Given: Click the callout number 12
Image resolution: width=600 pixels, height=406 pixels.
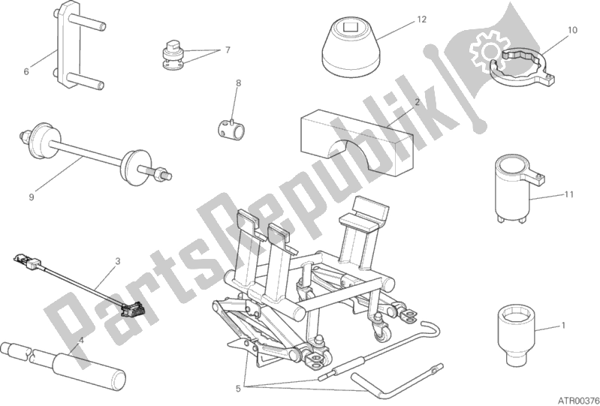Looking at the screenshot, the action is [x=421, y=19].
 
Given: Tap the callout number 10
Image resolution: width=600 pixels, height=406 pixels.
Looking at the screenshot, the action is [x=572, y=30].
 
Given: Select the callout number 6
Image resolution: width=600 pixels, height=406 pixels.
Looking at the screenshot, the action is [x=26, y=71].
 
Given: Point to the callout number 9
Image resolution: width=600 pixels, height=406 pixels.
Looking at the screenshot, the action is [x=32, y=197].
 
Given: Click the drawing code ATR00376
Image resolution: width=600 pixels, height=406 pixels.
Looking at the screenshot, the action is [x=578, y=400].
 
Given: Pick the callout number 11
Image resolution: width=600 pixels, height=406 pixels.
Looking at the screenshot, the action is [x=569, y=194].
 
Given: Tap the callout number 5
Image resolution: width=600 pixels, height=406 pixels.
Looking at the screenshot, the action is [x=238, y=389].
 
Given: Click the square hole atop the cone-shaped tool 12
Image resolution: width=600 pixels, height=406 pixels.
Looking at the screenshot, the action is [x=350, y=26].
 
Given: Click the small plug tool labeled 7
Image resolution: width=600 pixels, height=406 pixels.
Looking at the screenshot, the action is [x=171, y=55].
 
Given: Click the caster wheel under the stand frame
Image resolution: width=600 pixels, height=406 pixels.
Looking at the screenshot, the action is [x=383, y=334].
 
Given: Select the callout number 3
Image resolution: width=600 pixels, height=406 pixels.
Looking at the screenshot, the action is [x=118, y=261].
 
